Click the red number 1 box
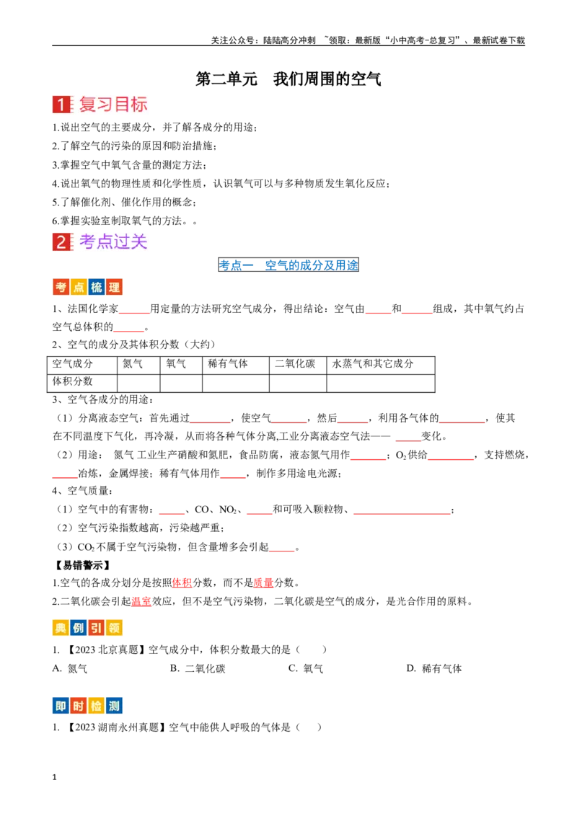tap(61, 105)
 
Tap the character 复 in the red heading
tap(88, 105)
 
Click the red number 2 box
tap(61, 242)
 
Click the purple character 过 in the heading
tap(122, 242)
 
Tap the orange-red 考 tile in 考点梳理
tap(61, 288)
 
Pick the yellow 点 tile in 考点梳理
tap(79, 288)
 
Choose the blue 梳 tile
tap(96, 288)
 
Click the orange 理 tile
tap(114, 288)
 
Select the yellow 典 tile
tap(61, 629)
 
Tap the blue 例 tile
tap(79, 629)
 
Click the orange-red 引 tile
tap(96, 629)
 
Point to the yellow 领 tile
tap(114, 629)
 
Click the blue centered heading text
tap(288, 265)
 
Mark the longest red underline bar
tap(402, 515)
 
